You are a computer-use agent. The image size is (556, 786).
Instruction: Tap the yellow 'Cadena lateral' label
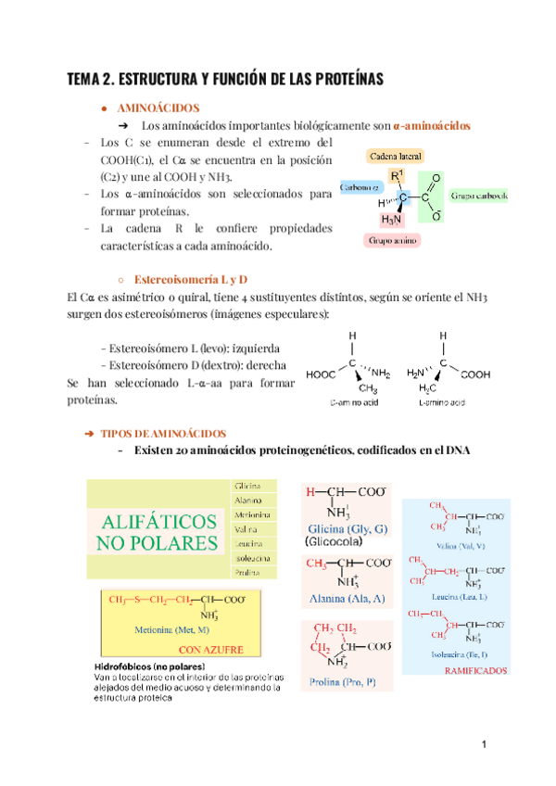pos(396,158)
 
